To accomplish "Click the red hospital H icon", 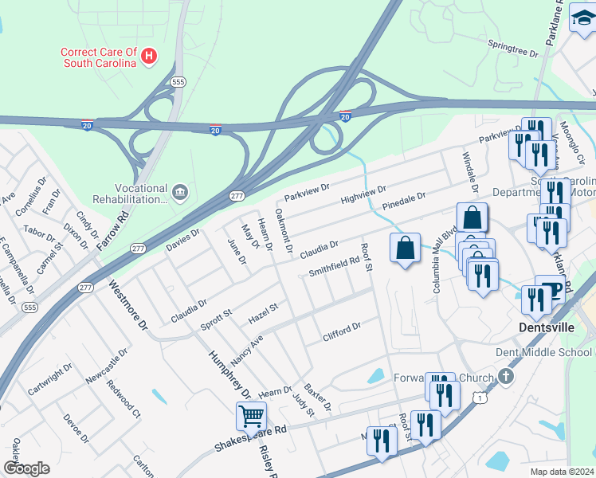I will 148,55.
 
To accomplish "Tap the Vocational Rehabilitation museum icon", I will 180,192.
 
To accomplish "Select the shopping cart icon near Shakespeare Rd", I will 251,415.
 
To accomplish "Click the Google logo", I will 26,468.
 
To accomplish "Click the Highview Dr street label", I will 363,195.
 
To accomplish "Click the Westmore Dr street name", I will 128,304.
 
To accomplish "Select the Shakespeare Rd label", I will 250,439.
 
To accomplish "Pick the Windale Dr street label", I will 469,174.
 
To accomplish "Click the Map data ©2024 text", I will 562,471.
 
